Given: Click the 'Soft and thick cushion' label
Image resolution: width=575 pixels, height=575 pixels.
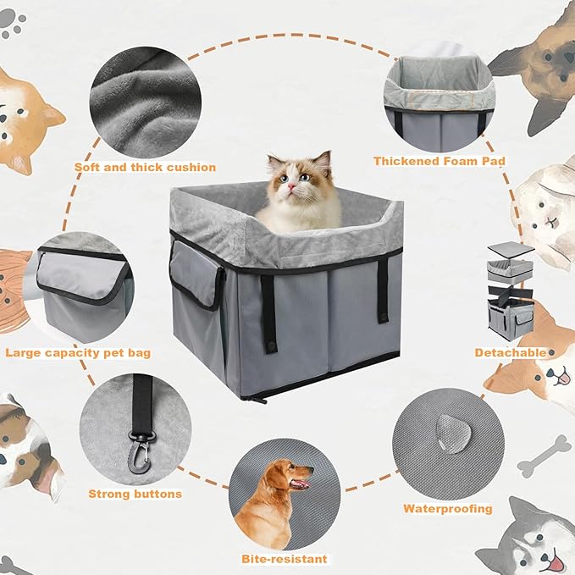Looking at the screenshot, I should [144, 167].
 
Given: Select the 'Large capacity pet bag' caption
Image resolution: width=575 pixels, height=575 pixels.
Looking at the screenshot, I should [78, 351].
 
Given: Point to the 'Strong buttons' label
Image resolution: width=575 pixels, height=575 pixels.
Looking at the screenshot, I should [135, 493].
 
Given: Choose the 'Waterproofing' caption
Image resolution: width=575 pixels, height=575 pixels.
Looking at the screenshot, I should [447, 508].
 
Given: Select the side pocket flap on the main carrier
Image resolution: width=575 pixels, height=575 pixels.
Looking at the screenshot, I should [194, 274].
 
